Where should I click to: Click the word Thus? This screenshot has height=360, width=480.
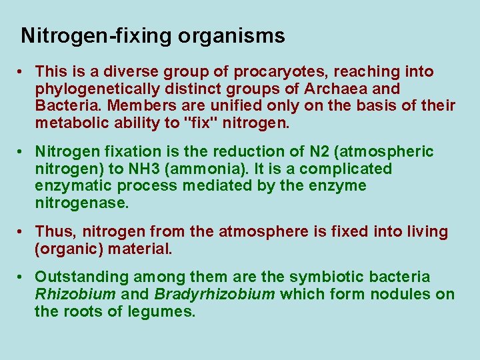click(x=51, y=232)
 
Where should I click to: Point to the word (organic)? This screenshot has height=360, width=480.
click(x=66, y=249)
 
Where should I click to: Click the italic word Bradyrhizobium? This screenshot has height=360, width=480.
click(x=215, y=295)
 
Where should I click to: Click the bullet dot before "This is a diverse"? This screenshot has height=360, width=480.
click(x=22, y=72)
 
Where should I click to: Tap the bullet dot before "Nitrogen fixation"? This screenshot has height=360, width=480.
click(x=22, y=153)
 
